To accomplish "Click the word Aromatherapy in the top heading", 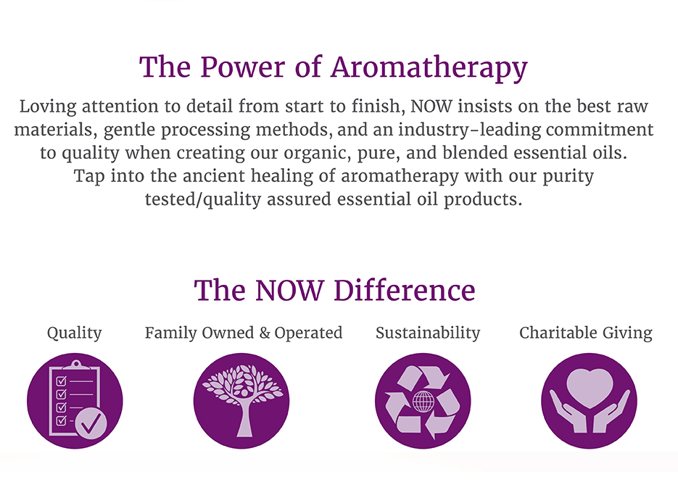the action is [x=429, y=68].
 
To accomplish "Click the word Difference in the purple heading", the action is [x=405, y=290].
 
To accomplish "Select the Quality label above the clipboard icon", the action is [x=75, y=333].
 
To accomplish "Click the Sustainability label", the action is [x=428, y=333].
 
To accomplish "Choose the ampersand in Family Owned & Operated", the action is [x=265, y=333].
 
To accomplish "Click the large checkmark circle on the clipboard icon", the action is [x=91, y=424].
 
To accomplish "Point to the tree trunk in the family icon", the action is [x=244, y=417].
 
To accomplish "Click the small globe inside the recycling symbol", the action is [x=423, y=402].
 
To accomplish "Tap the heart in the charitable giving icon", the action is [x=590, y=388].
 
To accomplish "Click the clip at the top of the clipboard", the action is [x=77, y=365].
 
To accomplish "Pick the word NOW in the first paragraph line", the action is [x=431, y=107].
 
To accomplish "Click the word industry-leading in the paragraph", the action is [x=470, y=130].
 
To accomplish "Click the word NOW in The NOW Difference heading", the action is [x=289, y=291].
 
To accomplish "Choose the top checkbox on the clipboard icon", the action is [x=62, y=381].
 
